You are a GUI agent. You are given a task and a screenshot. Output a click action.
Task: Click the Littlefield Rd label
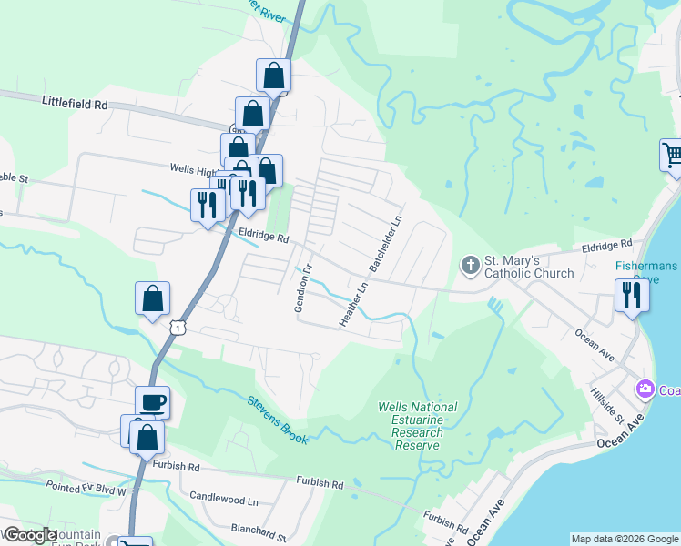point(75,105)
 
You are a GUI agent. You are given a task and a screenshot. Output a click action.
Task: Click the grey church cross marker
point(470,266)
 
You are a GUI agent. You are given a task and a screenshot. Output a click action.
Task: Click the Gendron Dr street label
point(302,288)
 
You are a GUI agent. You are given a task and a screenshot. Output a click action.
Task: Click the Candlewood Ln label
point(224,500)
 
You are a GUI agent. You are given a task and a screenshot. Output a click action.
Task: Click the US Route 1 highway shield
point(178,326)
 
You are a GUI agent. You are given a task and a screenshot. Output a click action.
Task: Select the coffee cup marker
point(152,401)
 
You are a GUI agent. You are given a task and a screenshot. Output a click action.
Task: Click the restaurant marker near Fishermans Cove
point(629,295)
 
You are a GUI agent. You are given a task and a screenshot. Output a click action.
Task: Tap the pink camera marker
point(645,389)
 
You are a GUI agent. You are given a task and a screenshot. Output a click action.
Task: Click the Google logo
point(29,535)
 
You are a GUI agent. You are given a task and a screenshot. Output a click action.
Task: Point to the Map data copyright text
point(625,539)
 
